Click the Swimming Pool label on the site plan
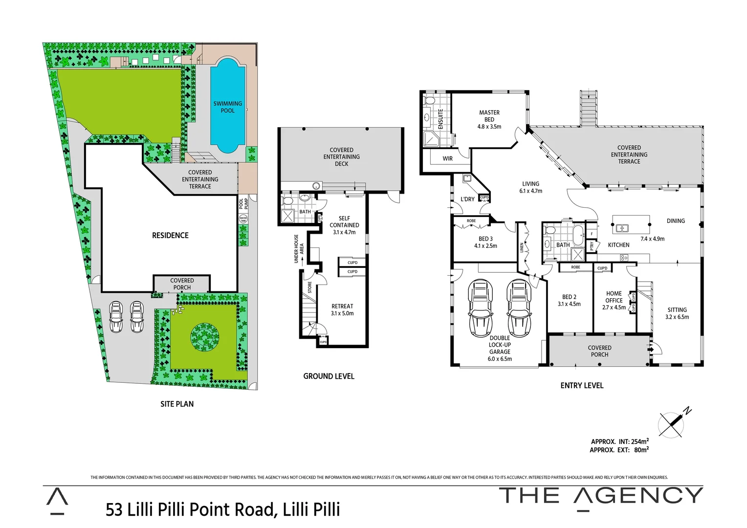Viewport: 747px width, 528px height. pos(227,107)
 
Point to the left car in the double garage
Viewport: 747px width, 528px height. pos(480,308)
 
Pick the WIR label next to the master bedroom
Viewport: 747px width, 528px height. pos(447,158)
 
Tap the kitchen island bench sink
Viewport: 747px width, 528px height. pos(622,228)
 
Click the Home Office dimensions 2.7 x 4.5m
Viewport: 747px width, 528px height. pos(614,308)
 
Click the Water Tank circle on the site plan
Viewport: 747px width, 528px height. pos(243,220)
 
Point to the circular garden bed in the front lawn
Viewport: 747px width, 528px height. pos(204,337)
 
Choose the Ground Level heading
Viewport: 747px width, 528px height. pos(329,376)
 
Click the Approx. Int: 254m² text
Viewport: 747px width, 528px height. pos(619,441)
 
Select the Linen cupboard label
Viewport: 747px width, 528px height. pos(522,248)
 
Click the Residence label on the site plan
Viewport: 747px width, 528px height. pos(170,236)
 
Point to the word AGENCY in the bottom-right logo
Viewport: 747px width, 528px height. pos(638,496)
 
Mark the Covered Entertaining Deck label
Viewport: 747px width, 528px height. pos(341,157)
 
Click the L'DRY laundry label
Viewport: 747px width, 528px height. pos(467,199)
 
